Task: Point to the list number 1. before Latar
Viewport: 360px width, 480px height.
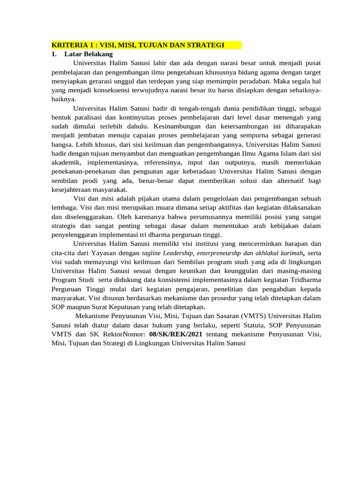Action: (x=54, y=54)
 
